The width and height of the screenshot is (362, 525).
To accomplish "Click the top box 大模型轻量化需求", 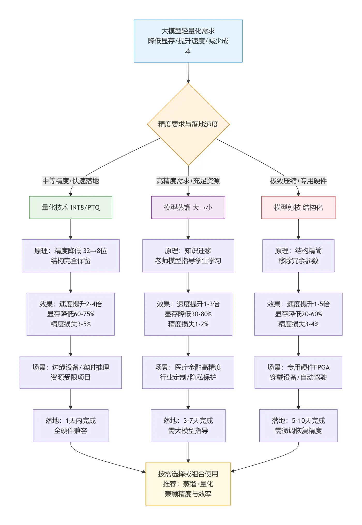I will coord(188,41).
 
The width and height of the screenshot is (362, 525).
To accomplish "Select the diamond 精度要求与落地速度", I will coord(188,124).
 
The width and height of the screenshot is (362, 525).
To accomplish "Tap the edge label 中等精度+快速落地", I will coord(71,181).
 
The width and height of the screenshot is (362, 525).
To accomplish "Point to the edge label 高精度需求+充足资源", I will coord(188,181).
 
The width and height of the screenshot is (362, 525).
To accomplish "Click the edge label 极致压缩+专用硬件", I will coord(298,181).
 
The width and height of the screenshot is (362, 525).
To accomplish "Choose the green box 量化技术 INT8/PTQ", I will coord(71,207).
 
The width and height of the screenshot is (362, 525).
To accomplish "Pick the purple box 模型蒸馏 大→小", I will coord(188,207).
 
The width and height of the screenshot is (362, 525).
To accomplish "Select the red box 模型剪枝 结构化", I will coord(298,207).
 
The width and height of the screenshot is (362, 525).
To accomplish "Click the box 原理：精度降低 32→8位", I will coord(71,256).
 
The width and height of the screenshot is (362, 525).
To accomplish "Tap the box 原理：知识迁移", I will coord(188,256).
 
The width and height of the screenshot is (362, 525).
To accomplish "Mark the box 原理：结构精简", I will coord(298,256).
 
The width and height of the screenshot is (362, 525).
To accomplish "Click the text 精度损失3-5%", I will coord(71,324).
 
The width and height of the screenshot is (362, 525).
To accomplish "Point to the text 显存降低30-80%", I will coord(188,314).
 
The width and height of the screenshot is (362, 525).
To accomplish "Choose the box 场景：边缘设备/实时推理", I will coord(71,372).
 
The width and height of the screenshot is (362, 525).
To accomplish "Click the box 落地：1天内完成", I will coord(71,425).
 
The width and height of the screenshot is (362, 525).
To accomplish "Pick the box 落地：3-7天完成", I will coord(188,425).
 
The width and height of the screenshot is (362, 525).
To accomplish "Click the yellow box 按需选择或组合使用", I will coord(188,484).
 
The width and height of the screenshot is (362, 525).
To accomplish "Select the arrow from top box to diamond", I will coord(188,72).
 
